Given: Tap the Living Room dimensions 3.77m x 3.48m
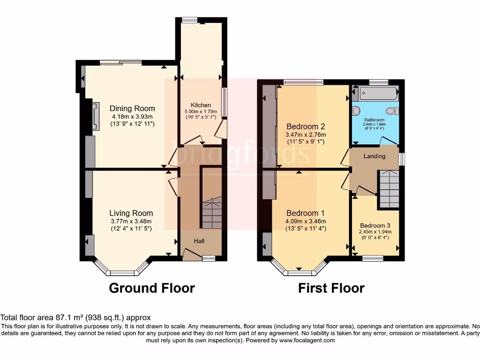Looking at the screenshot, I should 131,221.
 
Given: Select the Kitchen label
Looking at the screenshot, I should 201,105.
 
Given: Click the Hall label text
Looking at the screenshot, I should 199,241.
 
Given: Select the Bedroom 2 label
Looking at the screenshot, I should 306,127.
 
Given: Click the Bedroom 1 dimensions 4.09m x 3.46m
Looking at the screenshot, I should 306,221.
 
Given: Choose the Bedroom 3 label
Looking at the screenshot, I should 375,225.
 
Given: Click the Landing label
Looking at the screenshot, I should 375,156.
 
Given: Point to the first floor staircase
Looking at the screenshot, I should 389,189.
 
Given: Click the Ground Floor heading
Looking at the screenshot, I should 151,288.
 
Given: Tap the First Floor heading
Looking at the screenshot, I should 331,288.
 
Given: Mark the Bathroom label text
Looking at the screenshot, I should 375,120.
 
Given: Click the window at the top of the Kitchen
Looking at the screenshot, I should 190,20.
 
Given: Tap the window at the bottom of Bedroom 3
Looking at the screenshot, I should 373,257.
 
